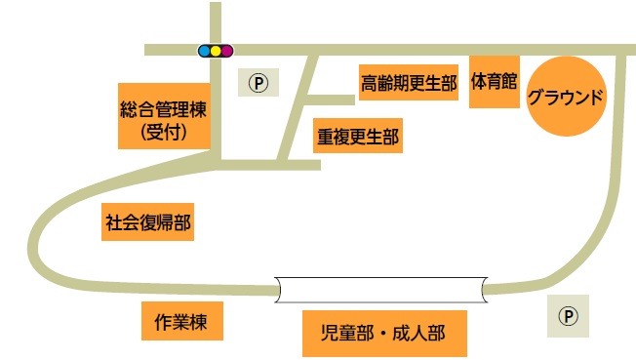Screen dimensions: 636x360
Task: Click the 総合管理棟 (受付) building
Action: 163,115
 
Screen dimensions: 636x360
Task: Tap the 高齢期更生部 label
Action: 409,83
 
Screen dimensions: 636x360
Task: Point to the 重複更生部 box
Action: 357,137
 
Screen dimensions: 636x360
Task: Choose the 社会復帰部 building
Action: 148,222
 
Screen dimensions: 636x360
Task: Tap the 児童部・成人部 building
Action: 382,334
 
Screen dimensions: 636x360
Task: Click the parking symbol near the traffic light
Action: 258,82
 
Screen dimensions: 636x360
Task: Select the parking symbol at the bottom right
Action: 568,315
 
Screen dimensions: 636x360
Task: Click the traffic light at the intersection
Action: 216,49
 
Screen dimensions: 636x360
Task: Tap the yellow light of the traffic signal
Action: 216,49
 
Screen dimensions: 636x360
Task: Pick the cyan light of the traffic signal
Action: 205,49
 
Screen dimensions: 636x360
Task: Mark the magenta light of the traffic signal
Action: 226,49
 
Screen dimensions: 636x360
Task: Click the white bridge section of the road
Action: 380,289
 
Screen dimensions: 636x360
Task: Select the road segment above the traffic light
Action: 216,20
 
